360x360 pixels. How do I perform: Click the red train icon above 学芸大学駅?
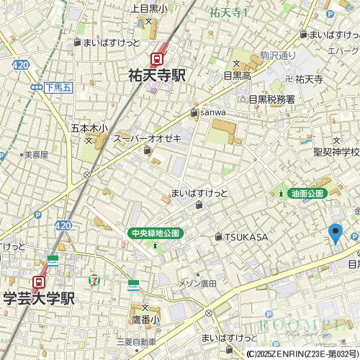pyautogui.click(x=40, y=281)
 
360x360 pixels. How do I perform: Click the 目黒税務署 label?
pyautogui.click(x=271, y=99)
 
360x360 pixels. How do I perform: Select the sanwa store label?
pyautogui.click(x=212, y=112)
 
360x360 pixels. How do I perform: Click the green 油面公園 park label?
pyautogui.click(x=307, y=193)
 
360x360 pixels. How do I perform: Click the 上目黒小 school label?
pyautogui.click(x=149, y=9)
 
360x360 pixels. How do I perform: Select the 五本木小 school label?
pyautogui.click(x=89, y=128)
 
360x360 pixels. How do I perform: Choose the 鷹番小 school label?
pyautogui.click(x=145, y=318)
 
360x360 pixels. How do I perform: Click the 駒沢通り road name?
pyautogui.click(x=278, y=55)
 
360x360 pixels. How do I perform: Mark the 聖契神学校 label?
pyautogui.click(x=336, y=152)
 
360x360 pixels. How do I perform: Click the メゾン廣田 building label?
pyautogui.click(x=197, y=283)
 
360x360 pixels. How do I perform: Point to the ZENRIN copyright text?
pyautogui.click(x=302, y=354)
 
